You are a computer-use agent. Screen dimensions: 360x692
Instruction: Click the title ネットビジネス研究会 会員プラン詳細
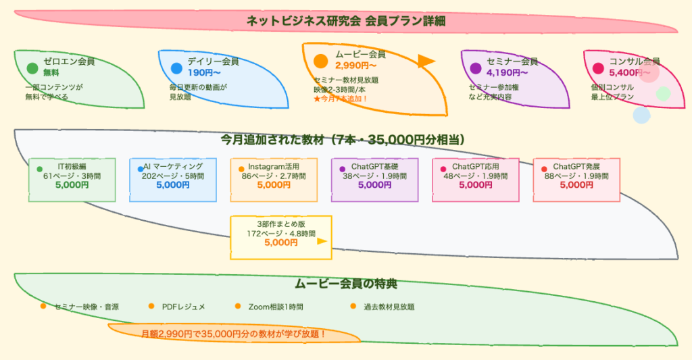pos(346,21)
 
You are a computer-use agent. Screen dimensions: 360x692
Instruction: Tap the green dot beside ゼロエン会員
pos(32,68)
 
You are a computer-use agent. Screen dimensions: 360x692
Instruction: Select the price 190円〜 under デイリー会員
pos(205,72)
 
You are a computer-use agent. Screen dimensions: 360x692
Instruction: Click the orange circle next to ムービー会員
pos(320,61)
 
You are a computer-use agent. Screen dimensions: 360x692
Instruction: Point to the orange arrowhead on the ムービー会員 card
pos(426,61)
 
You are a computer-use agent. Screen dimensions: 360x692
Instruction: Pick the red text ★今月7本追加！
pos(341,98)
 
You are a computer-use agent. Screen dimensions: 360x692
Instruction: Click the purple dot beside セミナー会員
pos(476,68)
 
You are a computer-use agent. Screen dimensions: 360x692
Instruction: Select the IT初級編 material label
pos(72,166)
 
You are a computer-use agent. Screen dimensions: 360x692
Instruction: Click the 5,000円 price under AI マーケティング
pos(173,185)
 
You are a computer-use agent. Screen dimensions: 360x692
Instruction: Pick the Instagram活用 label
pos(274,166)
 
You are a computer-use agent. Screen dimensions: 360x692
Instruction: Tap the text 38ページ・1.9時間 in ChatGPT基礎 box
pos(374,176)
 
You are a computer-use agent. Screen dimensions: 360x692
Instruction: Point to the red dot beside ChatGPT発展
pos(544,168)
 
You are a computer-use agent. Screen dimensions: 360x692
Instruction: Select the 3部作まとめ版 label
pos(281,224)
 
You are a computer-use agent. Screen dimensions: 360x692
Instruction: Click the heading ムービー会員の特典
pos(346,284)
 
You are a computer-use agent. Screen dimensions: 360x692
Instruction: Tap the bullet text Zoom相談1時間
pos(276,307)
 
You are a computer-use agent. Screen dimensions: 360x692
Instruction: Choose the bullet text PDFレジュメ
pos(184,307)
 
